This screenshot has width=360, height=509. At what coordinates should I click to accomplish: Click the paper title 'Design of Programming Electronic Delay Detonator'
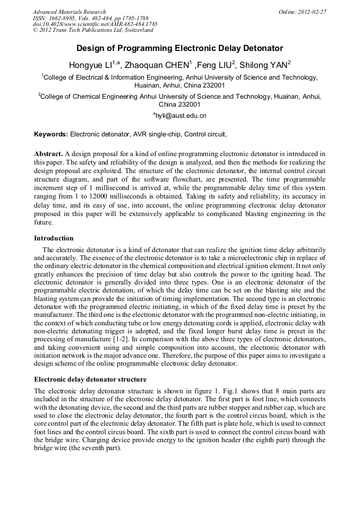[x=179, y=48]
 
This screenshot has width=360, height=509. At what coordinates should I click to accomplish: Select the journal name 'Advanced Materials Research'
[x=69, y=12]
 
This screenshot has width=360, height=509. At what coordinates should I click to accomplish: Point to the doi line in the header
[x=95, y=24]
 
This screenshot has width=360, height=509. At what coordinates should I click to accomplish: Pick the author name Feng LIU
[x=215, y=65]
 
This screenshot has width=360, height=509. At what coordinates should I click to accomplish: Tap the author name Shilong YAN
[x=264, y=65]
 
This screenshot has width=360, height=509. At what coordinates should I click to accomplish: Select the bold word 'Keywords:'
[x=51, y=134]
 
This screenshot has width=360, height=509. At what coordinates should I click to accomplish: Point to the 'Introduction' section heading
[x=54, y=238]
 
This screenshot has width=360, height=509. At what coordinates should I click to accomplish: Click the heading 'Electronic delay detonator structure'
[x=90, y=379]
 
